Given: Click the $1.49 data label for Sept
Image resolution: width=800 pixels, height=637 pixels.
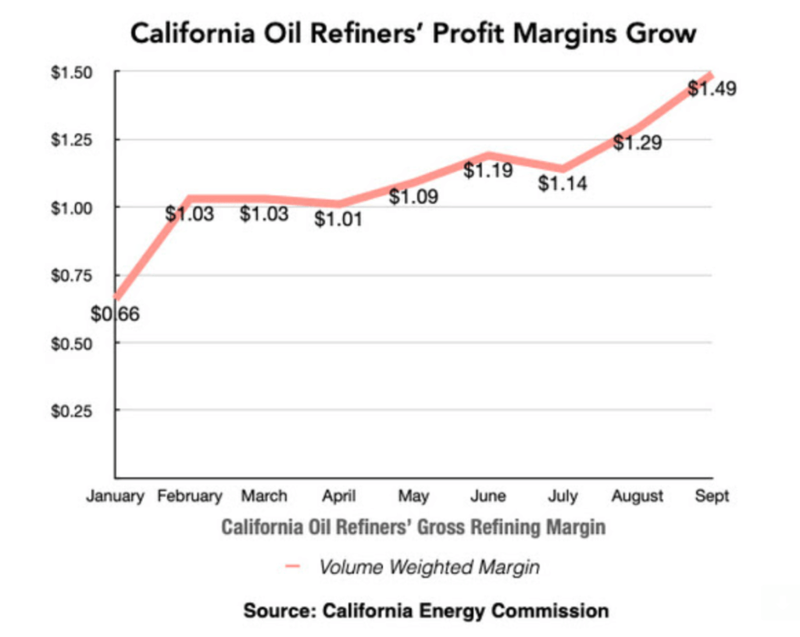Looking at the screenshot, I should (712, 88).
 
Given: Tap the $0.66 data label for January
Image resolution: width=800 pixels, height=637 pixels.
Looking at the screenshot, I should (115, 315).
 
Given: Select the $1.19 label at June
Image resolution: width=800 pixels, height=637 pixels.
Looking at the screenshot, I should (488, 170).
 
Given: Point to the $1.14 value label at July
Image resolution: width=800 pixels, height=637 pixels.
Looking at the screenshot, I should (563, 184).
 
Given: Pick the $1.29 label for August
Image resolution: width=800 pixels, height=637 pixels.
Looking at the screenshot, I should (637, 143).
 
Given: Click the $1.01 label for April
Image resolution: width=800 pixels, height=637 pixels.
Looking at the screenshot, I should (338, 220).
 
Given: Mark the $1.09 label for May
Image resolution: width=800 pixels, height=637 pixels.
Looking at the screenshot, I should (413, 196).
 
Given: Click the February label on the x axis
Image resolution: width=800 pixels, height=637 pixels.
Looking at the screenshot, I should (190, 496).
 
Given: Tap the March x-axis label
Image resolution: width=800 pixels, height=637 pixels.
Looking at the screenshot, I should (264, 496).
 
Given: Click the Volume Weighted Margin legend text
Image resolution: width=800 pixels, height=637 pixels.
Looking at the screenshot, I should (429, 567).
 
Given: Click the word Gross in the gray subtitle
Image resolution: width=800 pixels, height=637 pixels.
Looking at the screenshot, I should (437, 527).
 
